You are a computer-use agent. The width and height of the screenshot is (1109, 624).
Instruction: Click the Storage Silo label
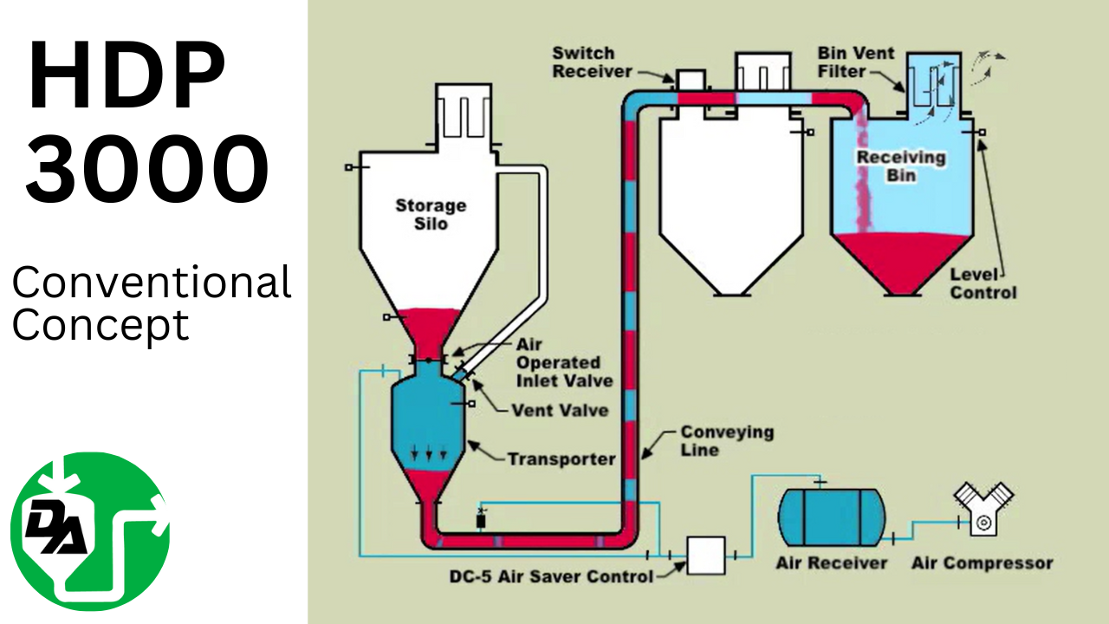point(431,214)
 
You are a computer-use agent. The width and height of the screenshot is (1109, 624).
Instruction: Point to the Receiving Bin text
point(900,166)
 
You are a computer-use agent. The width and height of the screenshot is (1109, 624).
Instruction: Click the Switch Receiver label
point(593,62)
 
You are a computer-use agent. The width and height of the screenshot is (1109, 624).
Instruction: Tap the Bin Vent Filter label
point(855,62)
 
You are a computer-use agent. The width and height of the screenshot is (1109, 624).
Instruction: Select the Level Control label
point(983,283)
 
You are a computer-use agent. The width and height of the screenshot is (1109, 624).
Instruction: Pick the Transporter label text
point(561,459)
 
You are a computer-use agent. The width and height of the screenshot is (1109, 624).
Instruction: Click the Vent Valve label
point(559,410)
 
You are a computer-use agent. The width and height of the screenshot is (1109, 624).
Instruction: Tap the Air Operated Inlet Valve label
point(564,363)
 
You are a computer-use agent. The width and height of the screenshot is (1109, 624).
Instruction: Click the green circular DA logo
point(90,531)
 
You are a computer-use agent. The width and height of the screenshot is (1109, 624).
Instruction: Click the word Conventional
point(152,283)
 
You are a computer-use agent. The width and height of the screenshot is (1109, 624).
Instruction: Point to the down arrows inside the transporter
point(430,452)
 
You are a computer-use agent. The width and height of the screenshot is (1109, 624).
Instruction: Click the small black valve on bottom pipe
point(482,520)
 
